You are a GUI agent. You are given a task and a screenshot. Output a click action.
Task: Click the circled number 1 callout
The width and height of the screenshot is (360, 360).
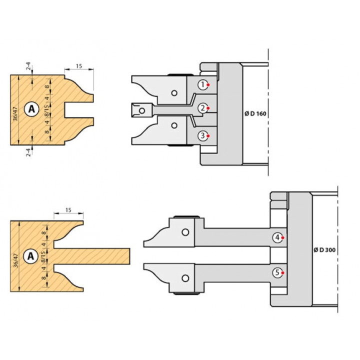(x=203, y=84)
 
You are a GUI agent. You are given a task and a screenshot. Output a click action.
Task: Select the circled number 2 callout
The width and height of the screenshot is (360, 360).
(x=203, y=108)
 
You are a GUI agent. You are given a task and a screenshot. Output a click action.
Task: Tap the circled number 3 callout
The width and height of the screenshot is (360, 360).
(x=203, y=135)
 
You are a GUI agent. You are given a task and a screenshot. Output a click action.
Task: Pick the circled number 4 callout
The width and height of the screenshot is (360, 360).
(x=277, y=237)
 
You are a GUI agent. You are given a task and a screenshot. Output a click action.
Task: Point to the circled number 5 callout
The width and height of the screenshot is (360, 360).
(x=277, y=273)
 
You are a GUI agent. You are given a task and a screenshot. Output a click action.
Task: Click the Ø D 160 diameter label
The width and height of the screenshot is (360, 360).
(x=255, y=113)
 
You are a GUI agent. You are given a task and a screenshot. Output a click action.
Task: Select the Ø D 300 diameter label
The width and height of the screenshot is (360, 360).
(x=324, y=250)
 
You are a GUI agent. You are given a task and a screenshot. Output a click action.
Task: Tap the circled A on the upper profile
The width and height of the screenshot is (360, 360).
(x=31, y=109)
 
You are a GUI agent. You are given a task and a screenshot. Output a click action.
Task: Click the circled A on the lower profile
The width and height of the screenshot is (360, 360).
(x=30, y=256)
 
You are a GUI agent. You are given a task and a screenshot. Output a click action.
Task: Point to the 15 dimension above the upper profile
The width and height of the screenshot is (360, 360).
(x=79, y=66)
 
